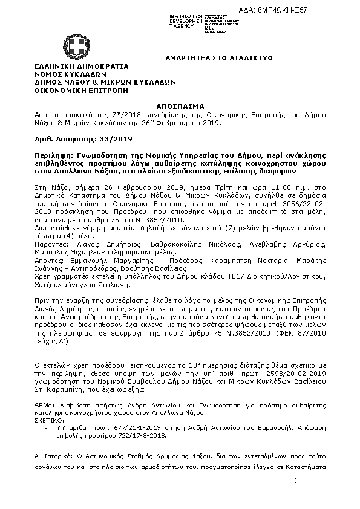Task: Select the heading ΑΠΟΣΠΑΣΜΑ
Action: tap(180, 105)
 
